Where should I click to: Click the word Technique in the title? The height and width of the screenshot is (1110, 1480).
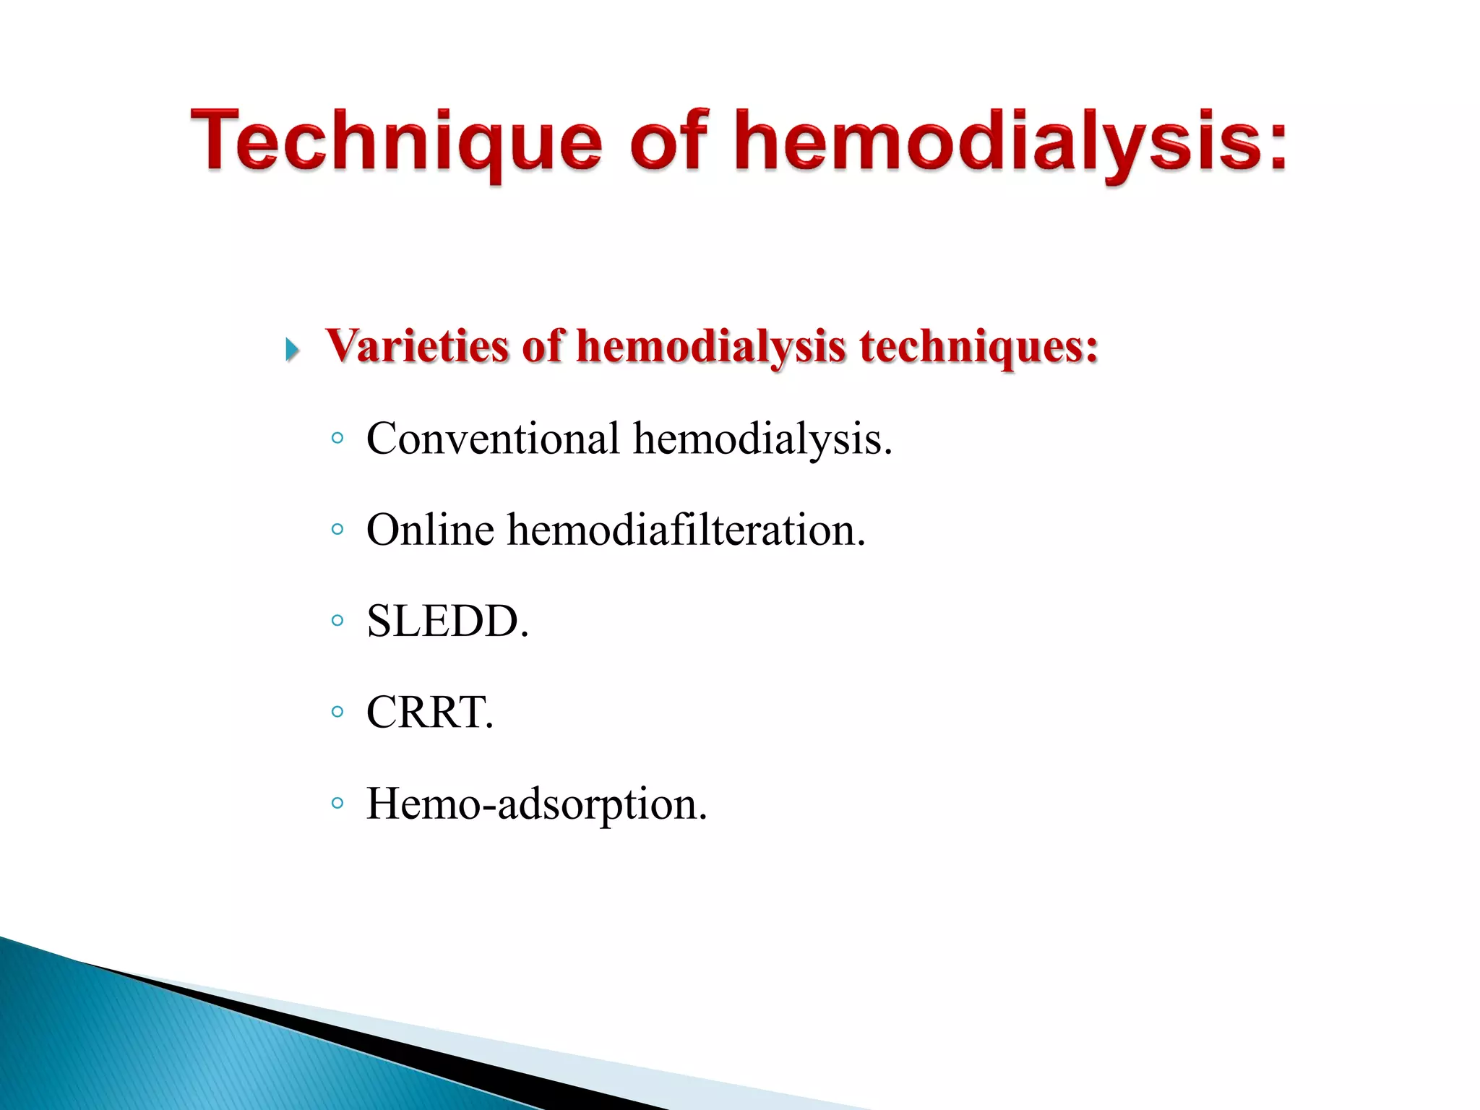[396, 142]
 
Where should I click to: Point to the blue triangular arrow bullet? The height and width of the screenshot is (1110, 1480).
[292, 350]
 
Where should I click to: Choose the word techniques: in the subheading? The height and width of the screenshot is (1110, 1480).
[978, 347]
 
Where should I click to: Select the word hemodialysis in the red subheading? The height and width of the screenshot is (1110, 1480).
[710, 347]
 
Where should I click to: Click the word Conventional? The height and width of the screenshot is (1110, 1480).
[493, 439]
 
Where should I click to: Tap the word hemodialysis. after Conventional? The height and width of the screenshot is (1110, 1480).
[762, 440]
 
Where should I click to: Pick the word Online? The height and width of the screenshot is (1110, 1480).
[430, 530]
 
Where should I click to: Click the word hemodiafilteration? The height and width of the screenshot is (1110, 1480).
[686, 530]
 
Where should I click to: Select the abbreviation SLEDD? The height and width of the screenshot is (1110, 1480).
[447, 621]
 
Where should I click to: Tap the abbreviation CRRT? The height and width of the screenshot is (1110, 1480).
[429, 712]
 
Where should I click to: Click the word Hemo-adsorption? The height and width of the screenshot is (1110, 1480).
[536, 804]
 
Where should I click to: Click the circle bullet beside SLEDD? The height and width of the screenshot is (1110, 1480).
[337, 620]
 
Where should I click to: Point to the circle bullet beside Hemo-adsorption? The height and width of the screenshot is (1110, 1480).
[337, 802]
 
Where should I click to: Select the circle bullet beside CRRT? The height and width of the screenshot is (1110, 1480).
[337, 711]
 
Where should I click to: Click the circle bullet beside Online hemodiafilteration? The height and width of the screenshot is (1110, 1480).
[337, 529]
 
